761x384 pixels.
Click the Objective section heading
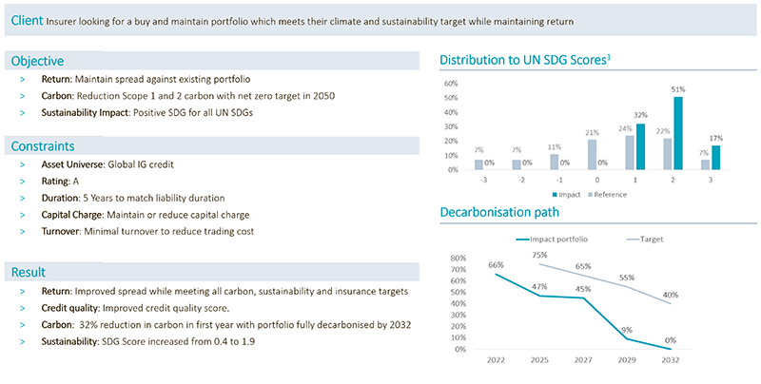click(37, 61)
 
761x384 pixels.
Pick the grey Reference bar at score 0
click(592, 155)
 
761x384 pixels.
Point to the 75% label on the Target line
click(538, 256)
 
